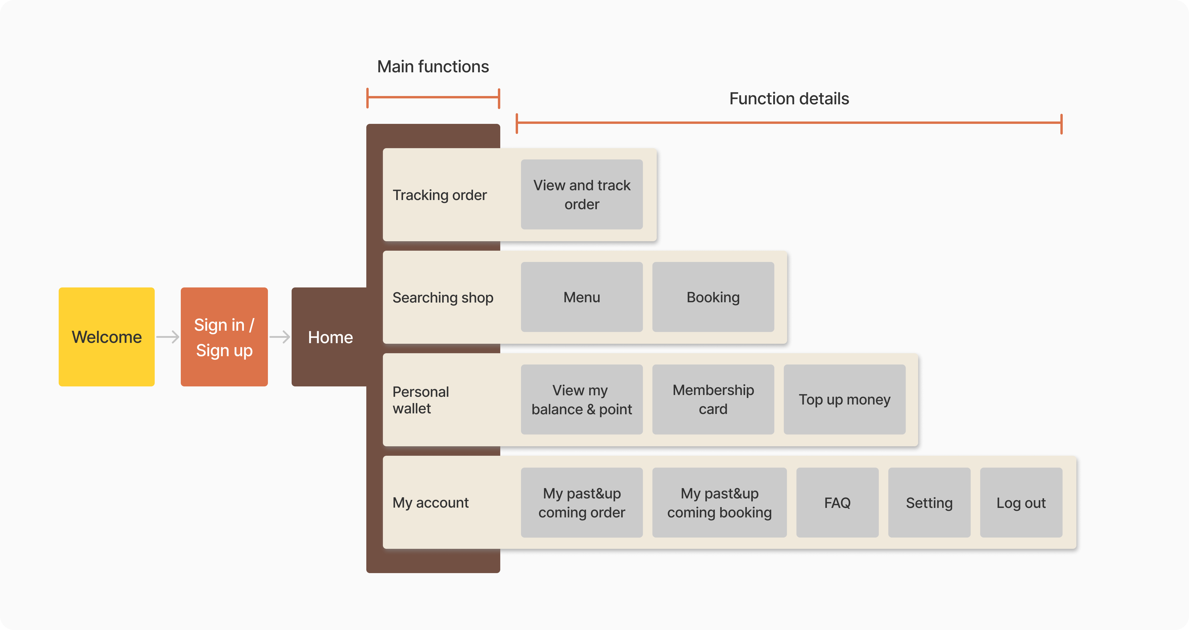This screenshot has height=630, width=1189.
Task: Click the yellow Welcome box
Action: [x=107, y=337]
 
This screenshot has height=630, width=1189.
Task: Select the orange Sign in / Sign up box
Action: [x=224, y=337]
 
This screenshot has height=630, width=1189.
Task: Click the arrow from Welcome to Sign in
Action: [x=167, y=337]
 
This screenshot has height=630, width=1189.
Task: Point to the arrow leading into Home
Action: [x=280, y=337]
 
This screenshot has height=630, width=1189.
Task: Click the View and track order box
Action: [x=581, y=194]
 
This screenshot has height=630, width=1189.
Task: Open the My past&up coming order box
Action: [x=581, y=503]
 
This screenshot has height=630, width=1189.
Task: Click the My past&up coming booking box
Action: [x=719, y=503]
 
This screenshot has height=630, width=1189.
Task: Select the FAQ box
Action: [x=837, y=503]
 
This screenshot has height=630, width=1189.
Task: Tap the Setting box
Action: [x=929, y=503]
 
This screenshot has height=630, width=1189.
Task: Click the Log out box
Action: [x=1021, y=503]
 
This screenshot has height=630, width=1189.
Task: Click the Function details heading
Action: [x=789, y=99]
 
